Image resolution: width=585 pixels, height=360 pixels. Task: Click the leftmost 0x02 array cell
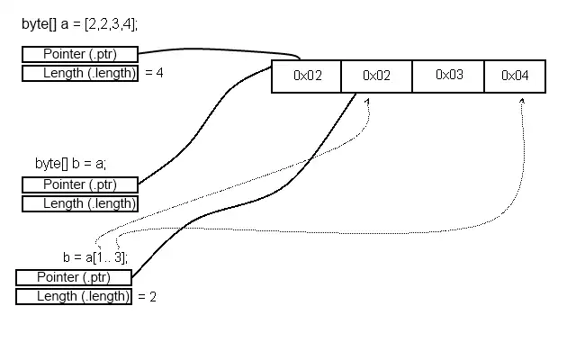pos(307,76)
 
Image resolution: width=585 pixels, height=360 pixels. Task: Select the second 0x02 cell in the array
pos(376,76)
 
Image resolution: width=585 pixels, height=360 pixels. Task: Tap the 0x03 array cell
pos(448,76)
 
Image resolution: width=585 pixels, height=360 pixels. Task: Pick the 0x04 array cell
pos(514,76)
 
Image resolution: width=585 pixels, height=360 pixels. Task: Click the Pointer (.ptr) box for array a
pos(80,55)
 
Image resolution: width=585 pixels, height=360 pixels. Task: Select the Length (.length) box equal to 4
pos(80,74)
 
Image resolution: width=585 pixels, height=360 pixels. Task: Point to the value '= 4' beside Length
pos(154,74)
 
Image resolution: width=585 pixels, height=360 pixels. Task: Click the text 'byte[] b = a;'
pos(70,163)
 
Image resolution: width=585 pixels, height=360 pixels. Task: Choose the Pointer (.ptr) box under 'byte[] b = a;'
pos(80,184)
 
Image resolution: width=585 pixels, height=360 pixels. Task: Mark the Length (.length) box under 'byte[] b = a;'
pos(80,203)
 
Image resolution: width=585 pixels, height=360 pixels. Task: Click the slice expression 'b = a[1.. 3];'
pos(95,256)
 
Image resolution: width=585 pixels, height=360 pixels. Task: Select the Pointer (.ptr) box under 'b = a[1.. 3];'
pos(74,277)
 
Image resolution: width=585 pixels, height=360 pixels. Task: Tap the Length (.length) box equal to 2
pos(74,296)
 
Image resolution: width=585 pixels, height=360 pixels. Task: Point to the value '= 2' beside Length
pos(148,296)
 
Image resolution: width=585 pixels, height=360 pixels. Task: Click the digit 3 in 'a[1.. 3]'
pos(118,256)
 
